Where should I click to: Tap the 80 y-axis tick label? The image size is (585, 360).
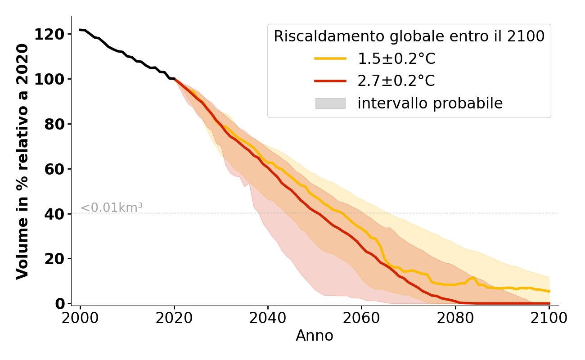coord(56,125)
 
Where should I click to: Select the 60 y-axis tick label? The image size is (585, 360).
coord(56,170)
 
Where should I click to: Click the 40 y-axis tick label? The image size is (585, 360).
coord(56,214)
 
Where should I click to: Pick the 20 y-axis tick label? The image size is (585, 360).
coord(56,259)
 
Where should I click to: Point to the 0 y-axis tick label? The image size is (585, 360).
coord(60,304)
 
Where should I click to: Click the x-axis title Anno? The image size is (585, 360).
coord(315,336)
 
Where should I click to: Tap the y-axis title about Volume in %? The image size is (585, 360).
coord(22,161)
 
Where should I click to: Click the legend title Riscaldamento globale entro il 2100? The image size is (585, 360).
coord(409,36)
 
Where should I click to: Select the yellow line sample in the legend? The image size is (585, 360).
coord(330,58)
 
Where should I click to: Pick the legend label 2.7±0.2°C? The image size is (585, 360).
coord(396,81)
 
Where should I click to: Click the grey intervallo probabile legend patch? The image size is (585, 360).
coord(330,103)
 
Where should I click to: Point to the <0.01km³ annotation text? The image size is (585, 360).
coord(111,208)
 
